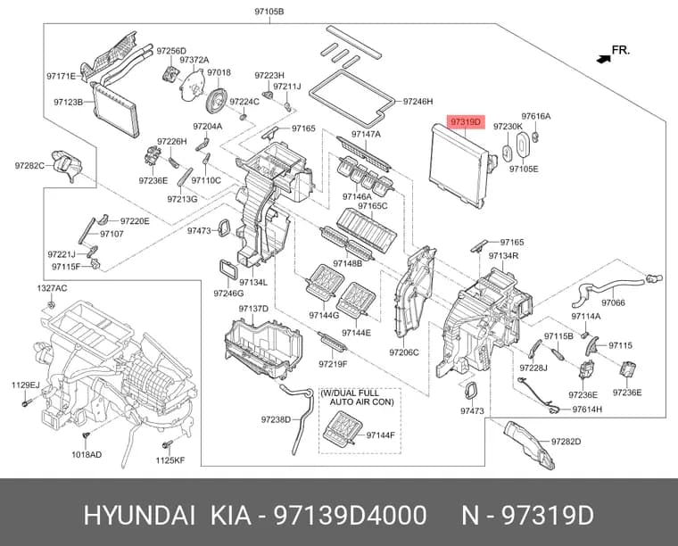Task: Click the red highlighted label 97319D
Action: (x=466, y=122)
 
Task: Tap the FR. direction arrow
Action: (x=603, y=59)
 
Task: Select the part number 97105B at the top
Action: (x=269, y=12)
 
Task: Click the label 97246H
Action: (x=418, y=102)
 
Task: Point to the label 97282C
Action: (x=29, y=165)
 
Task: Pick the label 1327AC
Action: (x=52, y=288)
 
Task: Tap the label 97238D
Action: (x=276, y=419)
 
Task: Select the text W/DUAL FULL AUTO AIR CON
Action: (x=357, y=397)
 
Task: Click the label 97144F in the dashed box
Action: (x=381, y=434)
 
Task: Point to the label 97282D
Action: (x=566, y=442)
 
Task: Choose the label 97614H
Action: (x=587, y=409)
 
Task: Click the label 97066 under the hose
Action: (x=613, y=302)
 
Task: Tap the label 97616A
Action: (x=536, y=116)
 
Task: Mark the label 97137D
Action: (x=253, y=308)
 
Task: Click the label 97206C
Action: (x=404, y=352)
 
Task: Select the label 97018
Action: (x=219, y=72)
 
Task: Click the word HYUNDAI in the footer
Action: (x=139, y=516)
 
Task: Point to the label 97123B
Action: (x=69, y=102)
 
